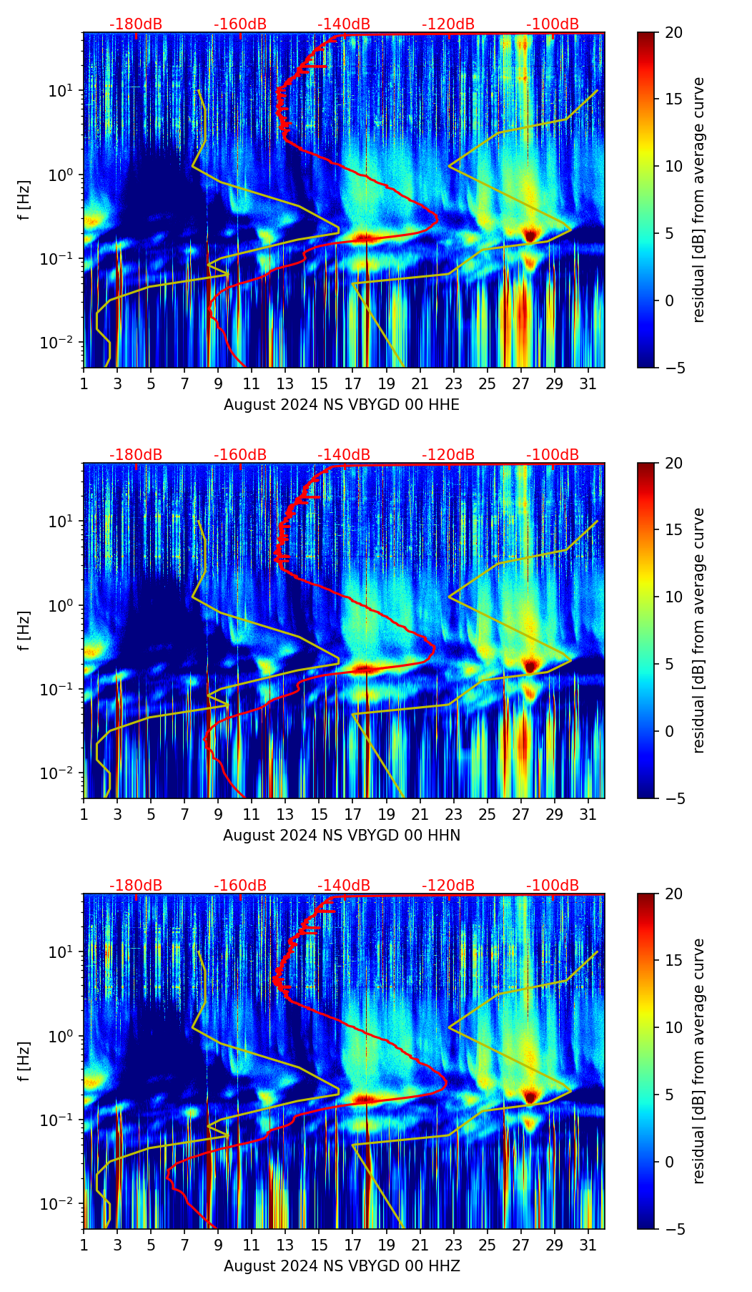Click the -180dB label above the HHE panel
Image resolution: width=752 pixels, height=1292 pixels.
tap(136, 24)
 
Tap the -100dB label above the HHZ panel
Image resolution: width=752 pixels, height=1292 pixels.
tap(553, 886)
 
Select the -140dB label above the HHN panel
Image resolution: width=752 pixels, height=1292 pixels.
tap(344, 455)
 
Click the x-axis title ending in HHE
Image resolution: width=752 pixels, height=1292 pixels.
tap(342, 405)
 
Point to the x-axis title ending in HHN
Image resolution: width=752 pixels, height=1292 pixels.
tap(342, 836)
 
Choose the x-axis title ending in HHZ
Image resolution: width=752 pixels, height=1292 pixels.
tap(342, 1266)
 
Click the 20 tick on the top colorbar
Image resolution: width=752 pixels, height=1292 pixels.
tap(673, 33)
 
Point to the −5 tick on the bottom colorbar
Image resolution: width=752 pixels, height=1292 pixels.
tap(673, 1229)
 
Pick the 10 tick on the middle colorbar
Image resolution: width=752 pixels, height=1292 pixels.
tap(673, 597)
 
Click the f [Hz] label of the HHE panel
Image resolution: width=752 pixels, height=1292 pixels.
tap(24, 200)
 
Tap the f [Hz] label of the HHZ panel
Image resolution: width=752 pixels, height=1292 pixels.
tap(24, 1062)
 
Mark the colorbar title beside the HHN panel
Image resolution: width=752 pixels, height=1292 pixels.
tap(699, 630)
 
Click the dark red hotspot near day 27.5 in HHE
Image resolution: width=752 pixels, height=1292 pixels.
tap(530, 235)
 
